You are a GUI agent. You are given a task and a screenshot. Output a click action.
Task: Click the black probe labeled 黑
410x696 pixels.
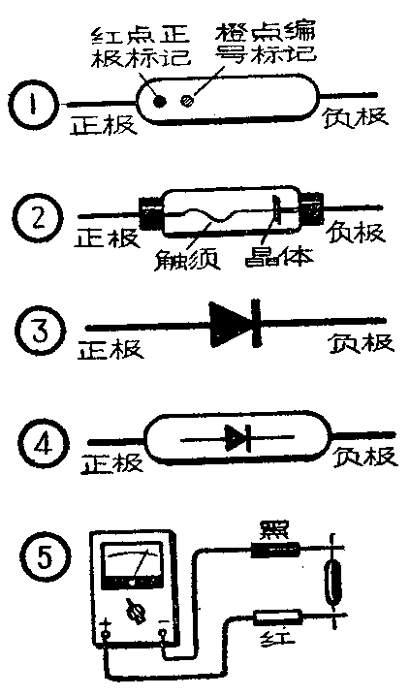[274, 550]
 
